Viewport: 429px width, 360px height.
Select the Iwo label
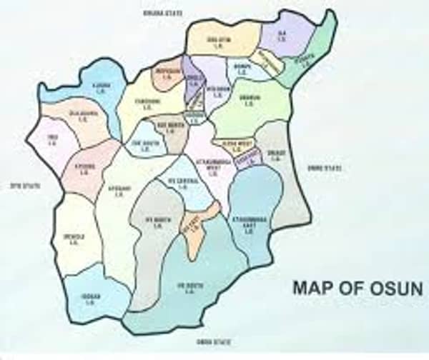click(51, 139)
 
